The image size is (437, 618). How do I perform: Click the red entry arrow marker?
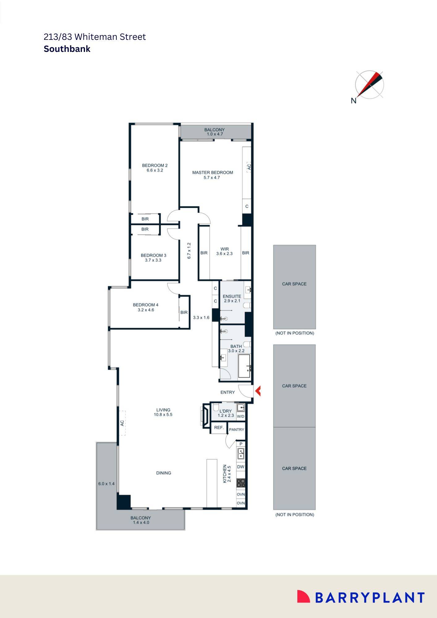tap(258, 391)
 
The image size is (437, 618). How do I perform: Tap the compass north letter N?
tap(354, 100)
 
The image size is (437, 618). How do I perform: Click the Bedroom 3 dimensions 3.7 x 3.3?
tap(153, 260)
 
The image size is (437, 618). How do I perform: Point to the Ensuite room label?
tap(232, 296)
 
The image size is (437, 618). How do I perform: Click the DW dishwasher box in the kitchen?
tap(241, 467)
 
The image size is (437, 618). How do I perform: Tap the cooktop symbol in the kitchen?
tap(241, 483)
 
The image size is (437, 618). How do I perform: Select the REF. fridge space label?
tap(219, 427)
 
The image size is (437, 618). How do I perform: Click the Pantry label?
tap(237, 430)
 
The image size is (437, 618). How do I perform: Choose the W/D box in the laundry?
tap(240, 417)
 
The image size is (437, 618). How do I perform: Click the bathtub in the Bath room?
tap(244, 366)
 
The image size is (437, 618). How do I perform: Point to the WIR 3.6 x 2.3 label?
tap(225, 251)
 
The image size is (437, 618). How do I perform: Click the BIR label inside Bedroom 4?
tap(184, 312)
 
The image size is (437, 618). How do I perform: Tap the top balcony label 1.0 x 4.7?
tap(214, 134)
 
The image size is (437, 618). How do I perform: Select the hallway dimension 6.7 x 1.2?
tap(189, 251)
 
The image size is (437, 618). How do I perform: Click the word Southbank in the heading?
tap(67, 49)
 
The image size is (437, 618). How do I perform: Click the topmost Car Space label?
tap(294, 284)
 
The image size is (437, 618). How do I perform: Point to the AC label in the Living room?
tap(122, 423)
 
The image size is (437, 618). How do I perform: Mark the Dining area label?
tap(163, 473)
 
